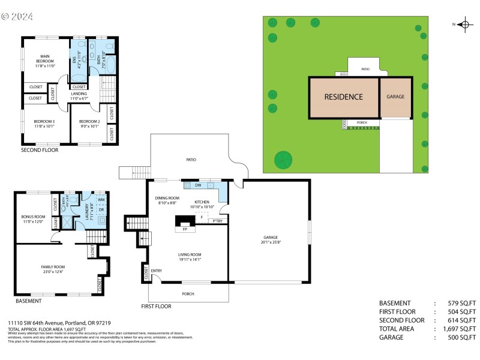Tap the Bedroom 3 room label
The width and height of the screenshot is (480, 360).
44,124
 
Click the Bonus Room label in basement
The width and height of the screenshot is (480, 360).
33,219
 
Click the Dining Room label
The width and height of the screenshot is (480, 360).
167,200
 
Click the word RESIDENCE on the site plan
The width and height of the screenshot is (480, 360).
343,97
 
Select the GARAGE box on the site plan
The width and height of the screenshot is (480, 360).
395,96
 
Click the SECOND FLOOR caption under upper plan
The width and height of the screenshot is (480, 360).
40,150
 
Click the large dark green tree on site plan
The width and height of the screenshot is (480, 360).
283,160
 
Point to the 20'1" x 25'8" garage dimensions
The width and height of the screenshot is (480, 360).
272,242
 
